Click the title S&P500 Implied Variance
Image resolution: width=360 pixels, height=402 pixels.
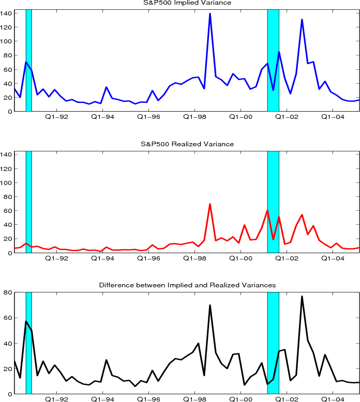(187, 3)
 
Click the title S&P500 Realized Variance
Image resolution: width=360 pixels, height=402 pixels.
(187, 144)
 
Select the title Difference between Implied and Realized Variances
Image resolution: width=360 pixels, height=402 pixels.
(187, 285)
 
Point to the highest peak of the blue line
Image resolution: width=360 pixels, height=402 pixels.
(210, 13)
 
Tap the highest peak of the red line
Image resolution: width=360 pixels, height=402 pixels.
(210, 204)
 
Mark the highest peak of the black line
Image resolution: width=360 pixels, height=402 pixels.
(302, 297)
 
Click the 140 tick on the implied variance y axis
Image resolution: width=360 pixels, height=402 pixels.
(7, 13)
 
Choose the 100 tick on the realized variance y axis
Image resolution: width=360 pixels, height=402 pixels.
(7, 183)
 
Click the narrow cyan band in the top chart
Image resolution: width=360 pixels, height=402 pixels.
(28, 59)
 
